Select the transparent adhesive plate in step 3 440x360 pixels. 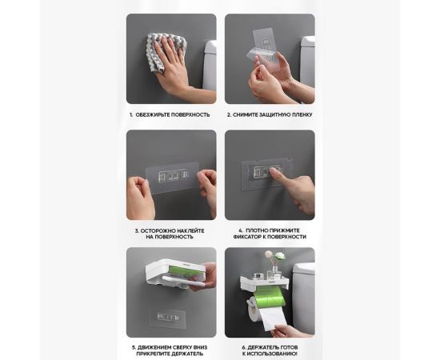172,178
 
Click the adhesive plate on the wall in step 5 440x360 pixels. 167,318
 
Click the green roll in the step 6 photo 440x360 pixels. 269,298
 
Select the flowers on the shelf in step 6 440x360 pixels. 275,257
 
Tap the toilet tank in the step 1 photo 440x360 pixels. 210,65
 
